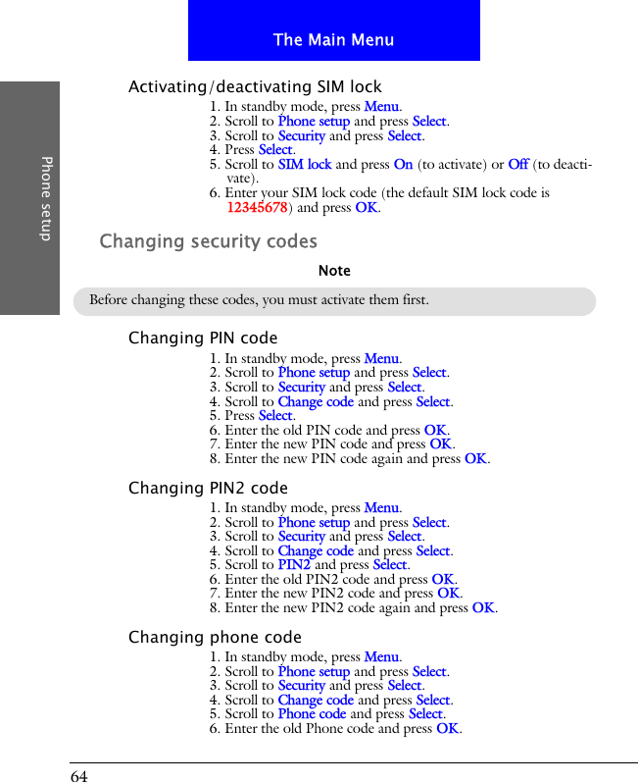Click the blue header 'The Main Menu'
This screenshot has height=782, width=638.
coord(333,40)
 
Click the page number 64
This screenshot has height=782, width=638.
coord(79,776)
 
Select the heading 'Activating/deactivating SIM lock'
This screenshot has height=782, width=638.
coord(255,87)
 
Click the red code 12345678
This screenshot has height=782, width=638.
coord(257,208)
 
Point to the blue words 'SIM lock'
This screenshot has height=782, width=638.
coord(304,165)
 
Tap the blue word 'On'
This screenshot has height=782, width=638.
coord(403,165)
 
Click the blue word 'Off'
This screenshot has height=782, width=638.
coord(518,165)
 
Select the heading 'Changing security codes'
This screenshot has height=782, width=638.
coord(209,241)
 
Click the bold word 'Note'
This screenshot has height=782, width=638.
coord(334,271)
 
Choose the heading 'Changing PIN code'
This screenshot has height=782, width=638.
coord(203,339)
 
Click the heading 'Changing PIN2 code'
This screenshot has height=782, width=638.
coord(208,488)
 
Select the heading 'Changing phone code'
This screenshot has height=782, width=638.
coord(215,638)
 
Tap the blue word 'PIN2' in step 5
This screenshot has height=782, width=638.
coord(294,565)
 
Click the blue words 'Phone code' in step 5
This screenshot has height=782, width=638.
coord(312,714)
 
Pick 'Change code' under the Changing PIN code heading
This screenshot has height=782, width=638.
coord(316,402)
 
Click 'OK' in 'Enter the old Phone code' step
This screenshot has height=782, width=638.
coord(447,729)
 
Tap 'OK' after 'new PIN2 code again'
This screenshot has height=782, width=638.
coord(483,608)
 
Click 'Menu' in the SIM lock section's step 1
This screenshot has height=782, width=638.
coord(381,107)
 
